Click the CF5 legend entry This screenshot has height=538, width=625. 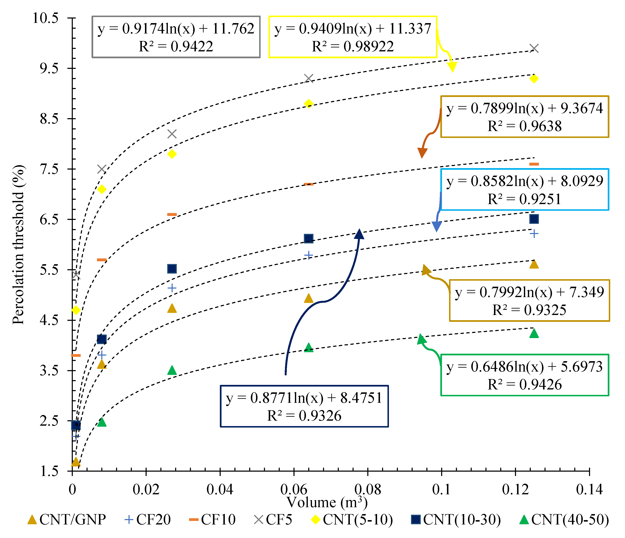273,519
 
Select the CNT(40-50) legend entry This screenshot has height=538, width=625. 564,519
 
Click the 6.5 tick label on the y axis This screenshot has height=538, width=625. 49,219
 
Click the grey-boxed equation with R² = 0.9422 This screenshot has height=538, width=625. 176,37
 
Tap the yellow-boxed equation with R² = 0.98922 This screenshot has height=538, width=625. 353,37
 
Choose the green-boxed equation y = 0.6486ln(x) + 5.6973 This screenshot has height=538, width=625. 525,375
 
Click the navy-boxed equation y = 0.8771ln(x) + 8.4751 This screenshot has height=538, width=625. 304,406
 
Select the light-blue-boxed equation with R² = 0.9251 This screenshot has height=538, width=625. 525,190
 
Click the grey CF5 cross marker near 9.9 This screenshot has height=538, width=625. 534,48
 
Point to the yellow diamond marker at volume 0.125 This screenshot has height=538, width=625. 534,78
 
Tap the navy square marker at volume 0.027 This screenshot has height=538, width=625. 172,269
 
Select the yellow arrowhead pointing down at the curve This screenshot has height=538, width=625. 452,67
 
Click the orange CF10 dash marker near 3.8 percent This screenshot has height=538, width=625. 76,355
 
